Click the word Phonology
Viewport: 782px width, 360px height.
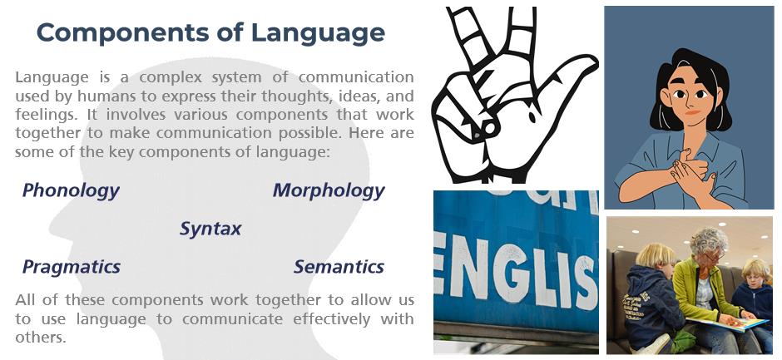[71, 190]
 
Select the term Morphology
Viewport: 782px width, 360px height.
[329, 190]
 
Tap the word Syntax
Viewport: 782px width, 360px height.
[210, 229]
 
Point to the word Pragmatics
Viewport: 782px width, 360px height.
[72, 267]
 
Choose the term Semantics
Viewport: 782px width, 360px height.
[339, 267]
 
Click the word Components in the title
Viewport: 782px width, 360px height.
[122, 33]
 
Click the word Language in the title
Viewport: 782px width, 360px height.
[318, 34]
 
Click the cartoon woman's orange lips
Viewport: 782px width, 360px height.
[691, 113]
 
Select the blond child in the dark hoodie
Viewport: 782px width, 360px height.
[650, 299]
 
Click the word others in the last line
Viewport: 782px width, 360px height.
[41, 338]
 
